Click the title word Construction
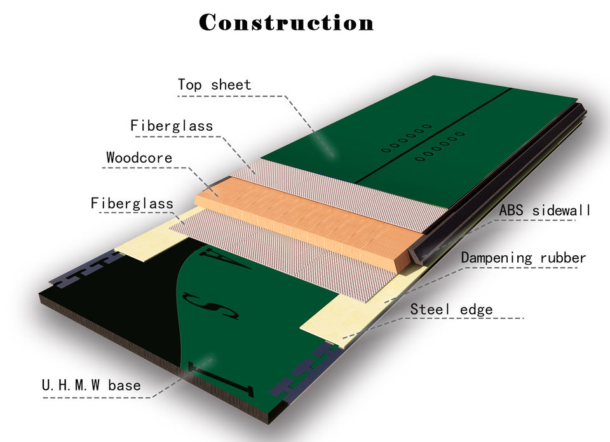click(287, 22)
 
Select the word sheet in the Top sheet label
click(231, 84)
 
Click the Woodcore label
click(139, 157)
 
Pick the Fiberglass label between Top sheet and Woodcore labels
click(172, 125)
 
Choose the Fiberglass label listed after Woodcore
click(132, 203)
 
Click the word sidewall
click(562, 210)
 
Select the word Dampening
click(497, 258)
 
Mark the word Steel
click(428, 309)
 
